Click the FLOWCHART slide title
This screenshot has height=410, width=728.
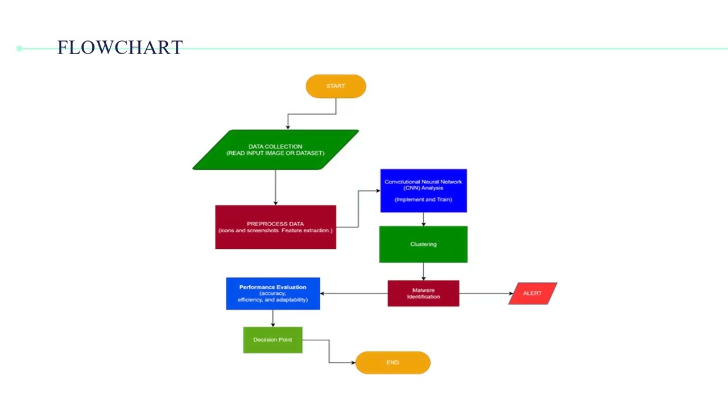120,47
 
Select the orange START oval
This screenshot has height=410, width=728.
336,86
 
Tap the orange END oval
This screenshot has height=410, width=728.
392,363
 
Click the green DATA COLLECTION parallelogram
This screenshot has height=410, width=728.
275,150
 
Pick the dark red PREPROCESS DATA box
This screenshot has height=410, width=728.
275,227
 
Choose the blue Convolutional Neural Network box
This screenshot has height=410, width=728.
423,191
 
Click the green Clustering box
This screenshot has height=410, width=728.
423,244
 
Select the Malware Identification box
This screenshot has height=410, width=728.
423,293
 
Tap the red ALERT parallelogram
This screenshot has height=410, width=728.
532,293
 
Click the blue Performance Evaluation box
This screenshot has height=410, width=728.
272,293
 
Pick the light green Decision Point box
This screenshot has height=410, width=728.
272,340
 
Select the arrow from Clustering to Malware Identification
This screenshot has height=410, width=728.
423,272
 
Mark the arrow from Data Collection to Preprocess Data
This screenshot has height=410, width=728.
275,187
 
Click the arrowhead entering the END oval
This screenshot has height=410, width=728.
353,363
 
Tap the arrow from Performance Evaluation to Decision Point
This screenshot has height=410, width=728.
272,318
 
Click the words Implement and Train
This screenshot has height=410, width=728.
423,200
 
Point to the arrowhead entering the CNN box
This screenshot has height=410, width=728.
377,191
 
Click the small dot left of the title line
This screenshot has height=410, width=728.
19,48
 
